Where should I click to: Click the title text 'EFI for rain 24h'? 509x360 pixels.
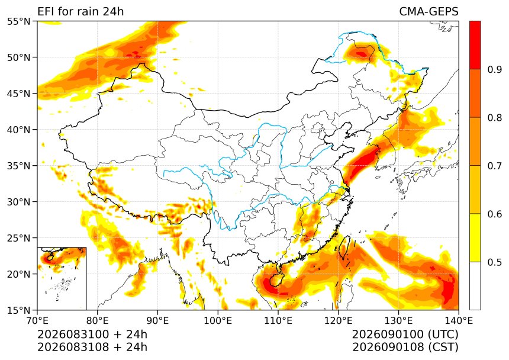pyautogui.click(x=80, y=11)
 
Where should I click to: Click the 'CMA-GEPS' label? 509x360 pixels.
pyautogui.click(x=429, y=11)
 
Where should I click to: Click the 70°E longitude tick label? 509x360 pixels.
pyautogui.click(x=38, y=321)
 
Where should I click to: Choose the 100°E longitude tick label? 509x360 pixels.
pyautogui.click(x=218, y=321)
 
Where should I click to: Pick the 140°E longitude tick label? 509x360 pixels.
pyautogui.click(x=459, y=321)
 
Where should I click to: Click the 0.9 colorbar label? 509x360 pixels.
pyautogui.click(x=494, y=69)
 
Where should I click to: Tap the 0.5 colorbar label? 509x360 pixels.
pyautogui.click(x=494, y=262)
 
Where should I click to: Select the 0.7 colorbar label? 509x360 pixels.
pyautogui.click(x=494, y=166)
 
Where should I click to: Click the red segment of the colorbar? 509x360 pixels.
pyautogui.click(x=475, y=45)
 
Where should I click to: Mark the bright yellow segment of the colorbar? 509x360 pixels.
pyautogui.click(x=475, y=237)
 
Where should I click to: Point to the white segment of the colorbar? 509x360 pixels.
pyautogui.click(x=475, y=285)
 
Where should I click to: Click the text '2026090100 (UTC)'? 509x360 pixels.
pyautogui.click(x=405, y=334)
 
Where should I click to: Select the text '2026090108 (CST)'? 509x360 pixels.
pyautogui.click(x=405, y=347)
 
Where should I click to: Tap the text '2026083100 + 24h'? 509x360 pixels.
pyautogui.click(x=92, y=334)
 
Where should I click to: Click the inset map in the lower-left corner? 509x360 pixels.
pyautogui.click(x=62, y=278)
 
